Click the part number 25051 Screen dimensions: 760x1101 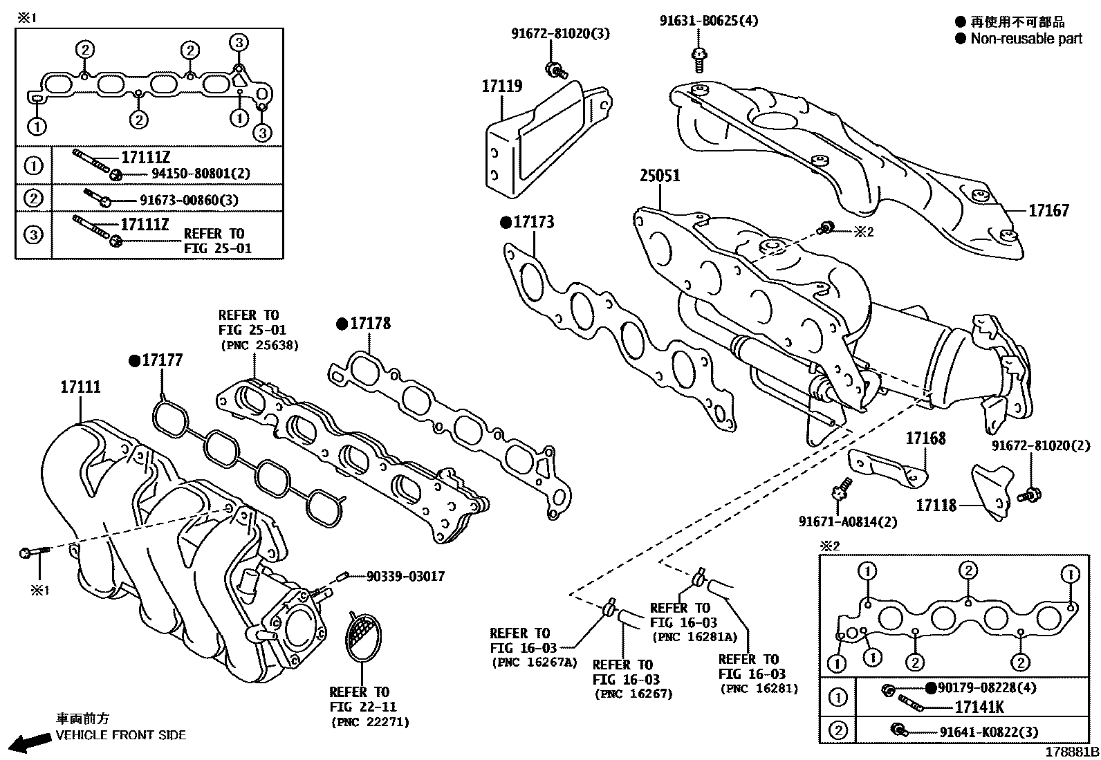(x=659, y=176)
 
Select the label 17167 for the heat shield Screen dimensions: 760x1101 (x=1048, y=211)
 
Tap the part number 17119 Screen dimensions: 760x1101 (x=502, y=86)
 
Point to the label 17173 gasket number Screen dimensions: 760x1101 (x=534, y=223)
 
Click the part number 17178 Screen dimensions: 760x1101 (x=370, y=324)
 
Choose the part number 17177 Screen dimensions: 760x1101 (x=163, y=360)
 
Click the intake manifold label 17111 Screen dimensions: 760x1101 (x=80, y=387)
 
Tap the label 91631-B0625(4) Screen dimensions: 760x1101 (x=708, y=21)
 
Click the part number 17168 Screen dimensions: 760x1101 (x=925, y=438)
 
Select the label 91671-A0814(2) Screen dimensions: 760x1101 (x=848, y=522)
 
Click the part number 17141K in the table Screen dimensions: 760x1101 (x=979, y=707)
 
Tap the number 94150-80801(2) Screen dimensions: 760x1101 (x=191, y=174)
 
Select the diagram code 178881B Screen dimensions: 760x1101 (x=1071, y=752)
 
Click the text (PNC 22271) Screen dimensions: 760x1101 (x=369, y=722)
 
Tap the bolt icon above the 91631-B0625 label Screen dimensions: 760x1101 (x=699, y=57)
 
